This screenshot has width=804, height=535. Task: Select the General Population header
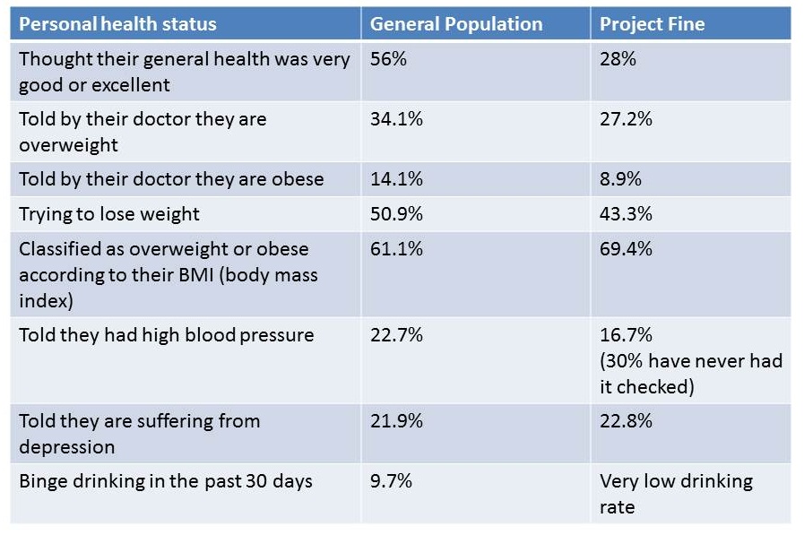[x=456, y=24]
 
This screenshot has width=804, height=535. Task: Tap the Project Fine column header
[x=653, y=24]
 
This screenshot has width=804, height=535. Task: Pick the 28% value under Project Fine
[x=618, y=59]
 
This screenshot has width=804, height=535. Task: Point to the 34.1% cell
[x=396, y=118]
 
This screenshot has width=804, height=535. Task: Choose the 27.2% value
[x=625, y=118]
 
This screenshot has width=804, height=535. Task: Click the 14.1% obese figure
[x=396, y=178]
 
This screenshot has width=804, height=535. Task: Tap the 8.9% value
[x=620, y=178]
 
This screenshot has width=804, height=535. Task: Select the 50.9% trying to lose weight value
[x=396, y=213]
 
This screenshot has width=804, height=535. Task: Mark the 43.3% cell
[x=625, y=213]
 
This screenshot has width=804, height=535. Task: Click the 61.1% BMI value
[x=396, y=248]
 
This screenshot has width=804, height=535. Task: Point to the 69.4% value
[x=625, y=248]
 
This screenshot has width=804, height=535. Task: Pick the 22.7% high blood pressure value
[x=396, y=335]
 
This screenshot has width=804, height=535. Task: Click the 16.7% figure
[x=625, y=335]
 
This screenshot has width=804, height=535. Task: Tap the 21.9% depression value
[x=396, y=420]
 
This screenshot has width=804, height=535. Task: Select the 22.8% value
[x=625, y=420]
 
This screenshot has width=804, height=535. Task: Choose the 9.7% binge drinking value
[x=392, y=480]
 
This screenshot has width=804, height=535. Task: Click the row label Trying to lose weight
[x=109, y=213]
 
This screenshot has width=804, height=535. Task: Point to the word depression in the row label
[x=67, y=446]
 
